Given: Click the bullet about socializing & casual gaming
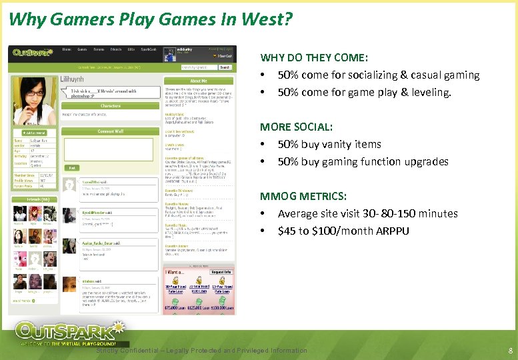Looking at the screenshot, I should click(378, 75).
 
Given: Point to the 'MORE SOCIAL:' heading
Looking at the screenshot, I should click(296, 127).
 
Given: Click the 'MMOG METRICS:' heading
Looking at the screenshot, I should click(303, 196).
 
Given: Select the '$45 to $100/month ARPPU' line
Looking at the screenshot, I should click(343, 231).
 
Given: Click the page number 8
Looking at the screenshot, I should click(510, 351).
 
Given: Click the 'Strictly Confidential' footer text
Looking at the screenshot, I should click(202, 351).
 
